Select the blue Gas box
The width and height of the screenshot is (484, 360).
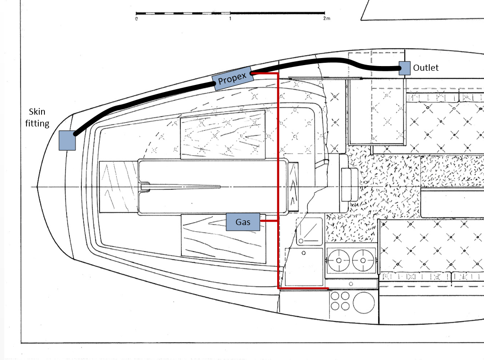click(x=243, y=222)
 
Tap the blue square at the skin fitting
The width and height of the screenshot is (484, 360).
click(x=67, y=140)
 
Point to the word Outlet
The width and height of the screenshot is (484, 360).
click(x=425, y=68)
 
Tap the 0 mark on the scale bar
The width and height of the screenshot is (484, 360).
click(x=136, y=19)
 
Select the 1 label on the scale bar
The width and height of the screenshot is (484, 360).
click(x=230, y=19)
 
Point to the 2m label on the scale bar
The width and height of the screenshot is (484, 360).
click(x=326, y=19)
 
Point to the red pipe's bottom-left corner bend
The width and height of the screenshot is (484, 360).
click(x=278, y=287)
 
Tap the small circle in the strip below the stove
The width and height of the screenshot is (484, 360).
click(x=351, y=283)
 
